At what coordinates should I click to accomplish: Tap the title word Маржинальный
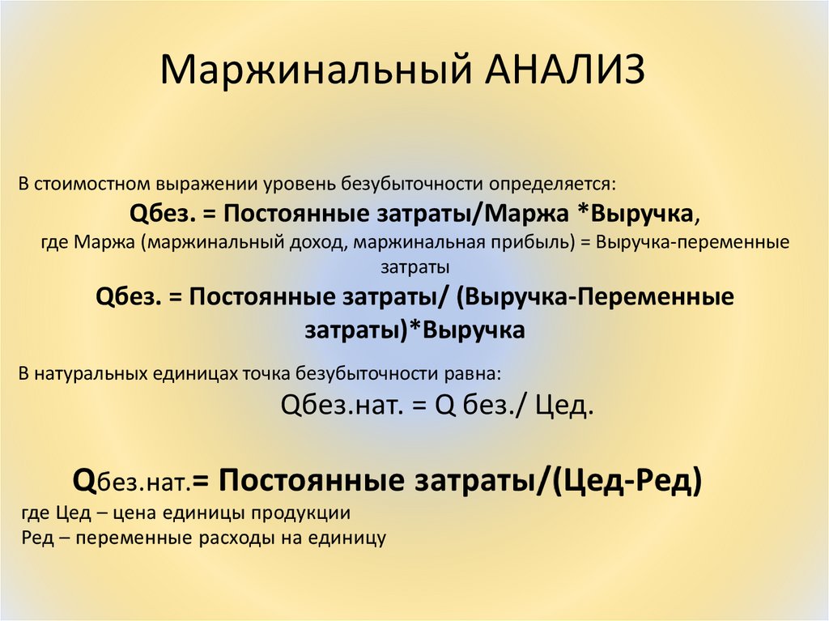(317, 70)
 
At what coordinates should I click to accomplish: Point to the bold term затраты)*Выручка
(414, 330)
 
